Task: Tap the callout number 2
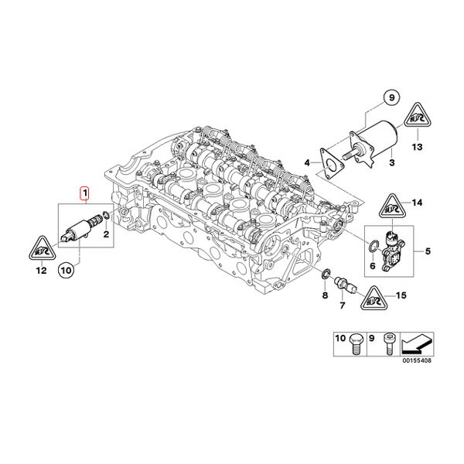(106, 233)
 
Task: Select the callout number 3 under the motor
(391, 163)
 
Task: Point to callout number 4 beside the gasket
(307, 162)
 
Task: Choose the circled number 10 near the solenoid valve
(66, 270)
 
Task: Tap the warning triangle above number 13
(418, 118)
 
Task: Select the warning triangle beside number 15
(374, 296)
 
